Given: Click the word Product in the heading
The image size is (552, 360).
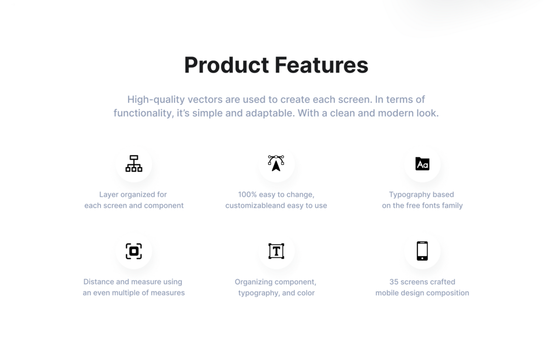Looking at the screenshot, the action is (x=226, y=66).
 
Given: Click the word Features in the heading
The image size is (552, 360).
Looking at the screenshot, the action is (x=321, y=65).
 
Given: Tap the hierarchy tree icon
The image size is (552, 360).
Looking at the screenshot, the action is (x=134, y=163).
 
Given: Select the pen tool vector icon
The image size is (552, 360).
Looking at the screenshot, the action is (x=276, y=163).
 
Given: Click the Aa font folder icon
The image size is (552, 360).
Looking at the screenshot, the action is (x=422, y=164).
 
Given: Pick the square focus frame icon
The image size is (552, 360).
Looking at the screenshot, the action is (x=134, y=251).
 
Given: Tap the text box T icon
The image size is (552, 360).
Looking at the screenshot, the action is (x=276, y=251).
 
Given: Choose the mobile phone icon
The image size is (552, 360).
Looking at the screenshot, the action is (x=422, y=251).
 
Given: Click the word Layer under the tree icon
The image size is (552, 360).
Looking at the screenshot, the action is (x=108, y=195).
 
